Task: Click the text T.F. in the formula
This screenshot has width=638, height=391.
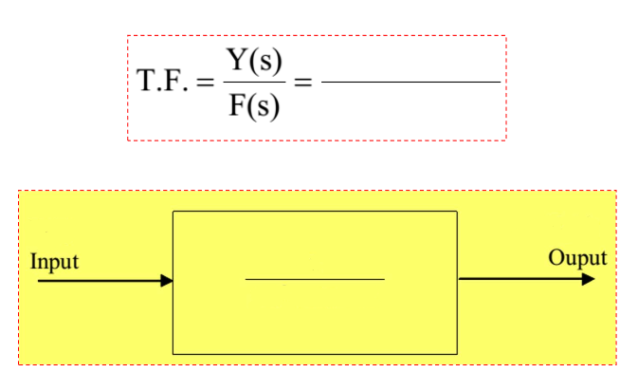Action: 162,84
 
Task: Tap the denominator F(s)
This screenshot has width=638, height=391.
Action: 254,105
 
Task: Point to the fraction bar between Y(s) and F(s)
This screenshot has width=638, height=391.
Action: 254,84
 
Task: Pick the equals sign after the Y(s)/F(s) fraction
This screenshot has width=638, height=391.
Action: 302,84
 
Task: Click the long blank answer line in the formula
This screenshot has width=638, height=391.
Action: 410,83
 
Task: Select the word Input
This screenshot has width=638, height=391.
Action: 55,261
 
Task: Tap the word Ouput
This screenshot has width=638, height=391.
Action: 577,258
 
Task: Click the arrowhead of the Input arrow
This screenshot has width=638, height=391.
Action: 167,281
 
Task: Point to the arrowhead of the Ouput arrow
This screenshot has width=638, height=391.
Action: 589,279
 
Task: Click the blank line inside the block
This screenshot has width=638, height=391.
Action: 315,280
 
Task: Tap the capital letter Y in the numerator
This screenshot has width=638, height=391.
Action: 237,60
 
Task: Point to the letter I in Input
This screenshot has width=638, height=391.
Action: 34,261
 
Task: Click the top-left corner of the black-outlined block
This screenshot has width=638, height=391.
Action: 173,211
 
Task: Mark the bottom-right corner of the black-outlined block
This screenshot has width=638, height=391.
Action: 457,353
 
